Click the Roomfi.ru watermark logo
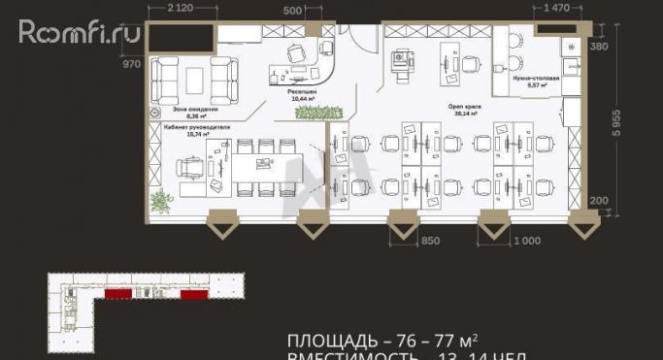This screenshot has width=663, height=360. coord(80,33)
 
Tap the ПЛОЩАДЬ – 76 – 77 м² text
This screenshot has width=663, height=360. coord(382,341)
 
